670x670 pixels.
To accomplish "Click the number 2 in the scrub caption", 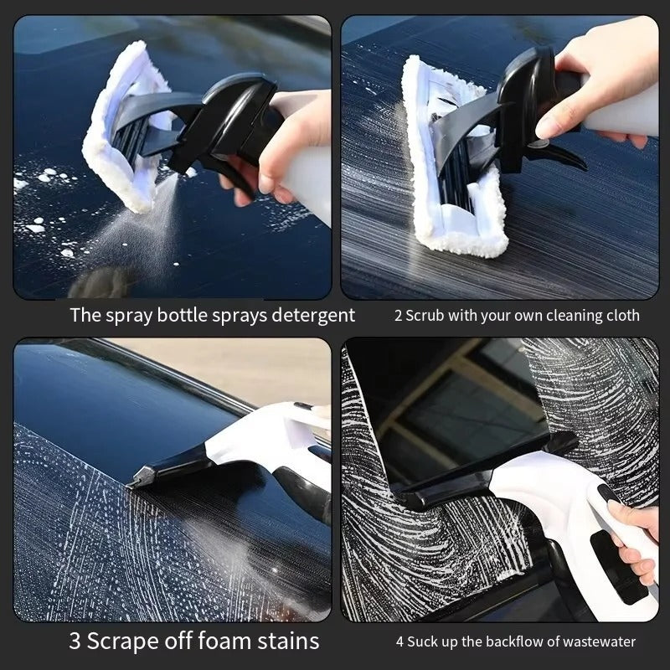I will click(x=399, y=317).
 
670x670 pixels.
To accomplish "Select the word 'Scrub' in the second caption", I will click(x=426, y=317).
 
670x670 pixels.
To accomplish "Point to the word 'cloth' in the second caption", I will click(x=622, y=317).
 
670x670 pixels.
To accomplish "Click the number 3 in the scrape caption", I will click(x=75, y=642).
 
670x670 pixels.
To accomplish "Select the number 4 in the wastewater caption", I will click(x=401, y=642).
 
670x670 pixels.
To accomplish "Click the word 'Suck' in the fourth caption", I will click(x=425, y=642).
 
